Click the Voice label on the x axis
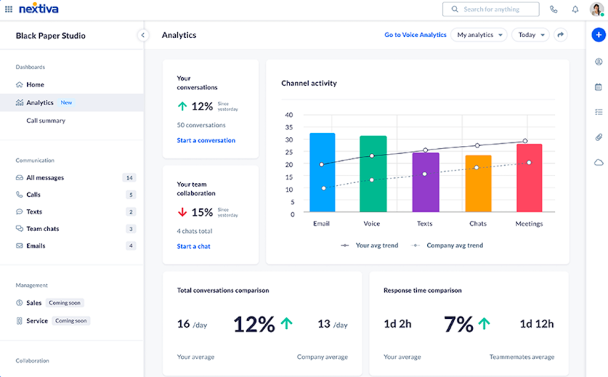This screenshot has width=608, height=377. pyautogui.click(x=372, y=224)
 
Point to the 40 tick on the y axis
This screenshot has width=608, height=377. pyautogui.click(x=289, y=114)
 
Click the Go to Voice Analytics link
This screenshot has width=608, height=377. pyautogui.click(x=415, y=35)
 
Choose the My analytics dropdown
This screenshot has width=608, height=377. pyautogui.click(x=479, y=35)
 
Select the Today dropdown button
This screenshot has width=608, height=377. pyautogui.click(x=530, y=35)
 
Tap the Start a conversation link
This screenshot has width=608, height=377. pyautogui.click(x=206, y=140)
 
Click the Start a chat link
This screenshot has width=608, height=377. pyautogui.click(x=194, y=246)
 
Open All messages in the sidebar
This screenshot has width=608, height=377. pyautogui.click(x=45, y=177)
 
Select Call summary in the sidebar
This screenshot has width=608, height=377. pyautogui.click(x=46, y=121)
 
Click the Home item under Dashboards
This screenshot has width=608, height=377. pyautogui.click(x=35, y=84)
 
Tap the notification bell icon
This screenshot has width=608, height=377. pyautogui.click(x=575, y=9)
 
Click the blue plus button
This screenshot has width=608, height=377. pyautogui.click(x=599, y=35)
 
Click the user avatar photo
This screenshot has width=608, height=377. pyautogui.click(x=597, y=9)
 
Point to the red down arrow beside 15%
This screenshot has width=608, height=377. pyautogui.click(x=182, y=212)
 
